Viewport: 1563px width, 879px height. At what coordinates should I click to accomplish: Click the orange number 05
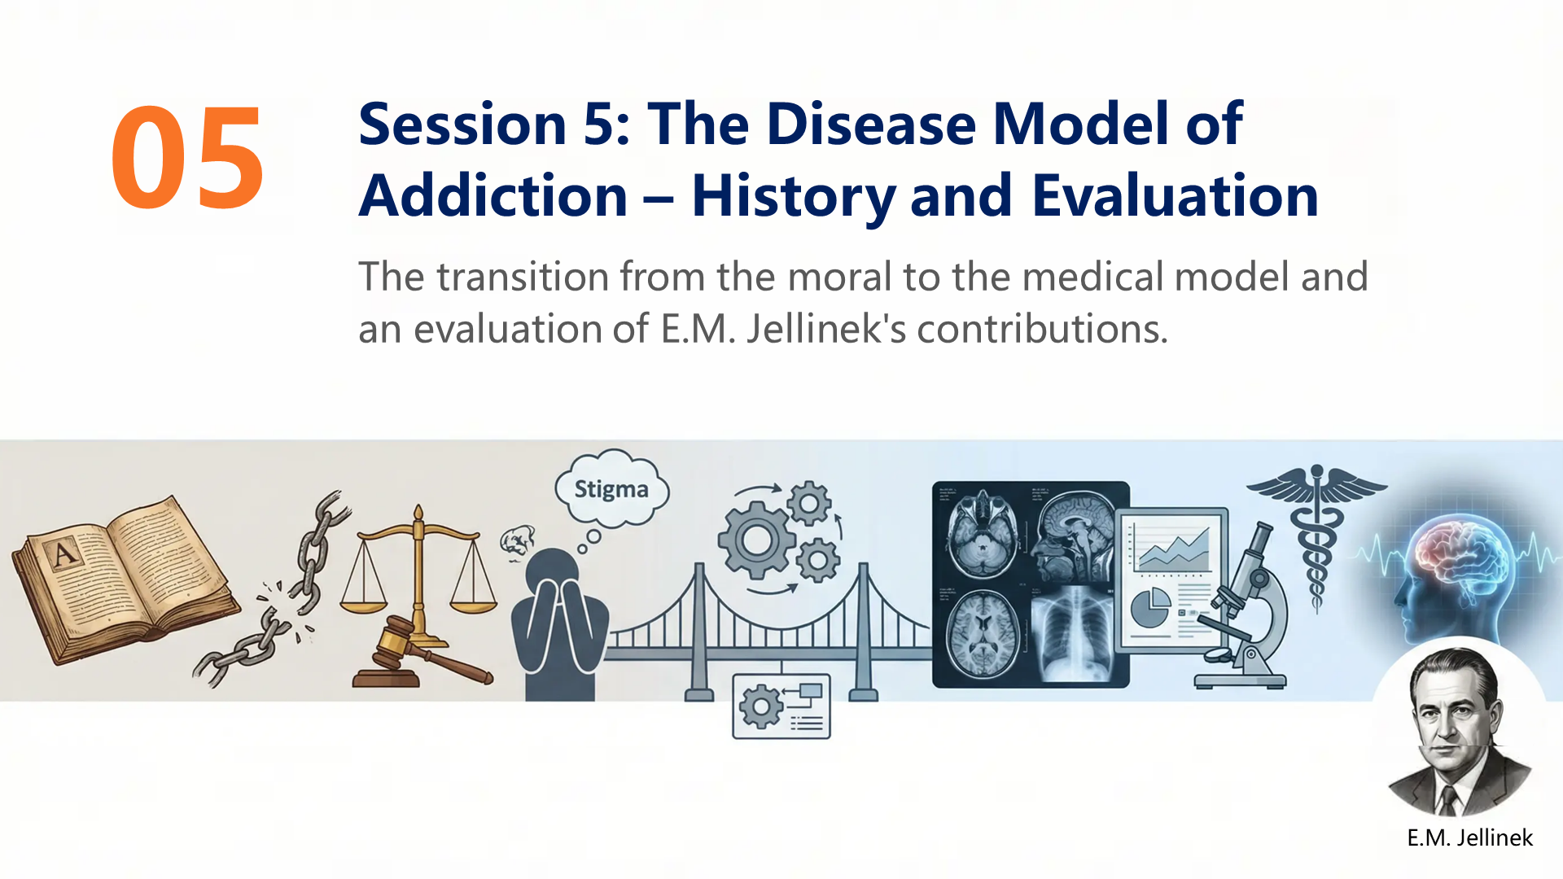188,157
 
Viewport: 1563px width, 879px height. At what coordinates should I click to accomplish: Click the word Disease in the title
871,124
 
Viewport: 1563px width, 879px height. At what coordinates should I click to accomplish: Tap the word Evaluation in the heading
1176,195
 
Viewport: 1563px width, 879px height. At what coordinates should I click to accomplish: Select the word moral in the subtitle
840,277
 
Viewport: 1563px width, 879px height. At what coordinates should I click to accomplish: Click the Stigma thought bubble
611,489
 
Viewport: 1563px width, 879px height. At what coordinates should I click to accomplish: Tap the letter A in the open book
63,554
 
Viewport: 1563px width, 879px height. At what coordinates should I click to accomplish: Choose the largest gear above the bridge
757,540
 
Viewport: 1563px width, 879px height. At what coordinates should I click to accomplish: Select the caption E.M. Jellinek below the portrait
1469,837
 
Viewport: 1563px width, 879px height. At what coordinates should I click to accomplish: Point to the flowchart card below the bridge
781,706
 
